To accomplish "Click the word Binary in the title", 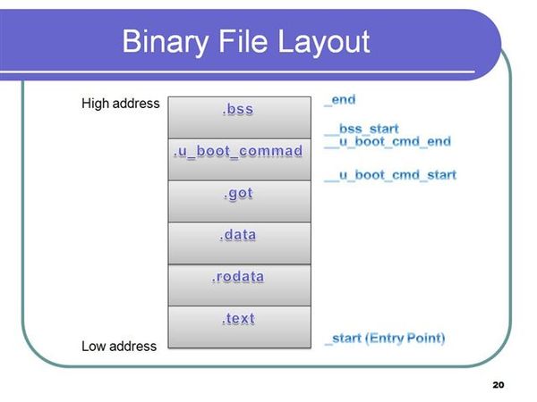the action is pos(165,43).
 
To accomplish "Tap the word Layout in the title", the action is pos(324,42).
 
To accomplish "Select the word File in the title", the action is pos(243,41).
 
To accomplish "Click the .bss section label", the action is pos(238,109).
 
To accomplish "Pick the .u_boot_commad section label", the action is pos(238,151).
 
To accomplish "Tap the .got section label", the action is pos(238,194).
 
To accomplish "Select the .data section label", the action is pos(238,235).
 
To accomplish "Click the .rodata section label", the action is pos(238,277).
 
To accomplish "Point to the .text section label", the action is pos(238,319).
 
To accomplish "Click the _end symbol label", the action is pos(340,100).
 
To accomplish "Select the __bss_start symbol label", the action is pos(362,130).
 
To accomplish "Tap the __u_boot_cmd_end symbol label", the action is pos(388,142).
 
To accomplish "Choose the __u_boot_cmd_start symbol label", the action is pos(390,175).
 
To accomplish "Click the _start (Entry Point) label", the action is pos(385,339).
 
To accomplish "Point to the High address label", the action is pos(121,104).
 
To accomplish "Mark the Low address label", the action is pos(119,347).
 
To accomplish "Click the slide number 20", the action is pos(499,385).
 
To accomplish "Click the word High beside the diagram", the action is pos(95,104).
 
